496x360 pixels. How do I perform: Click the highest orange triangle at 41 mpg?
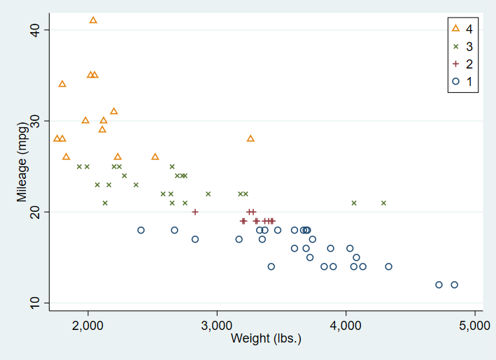[x=93, y=20]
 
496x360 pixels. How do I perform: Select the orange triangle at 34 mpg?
[x=62, y=84]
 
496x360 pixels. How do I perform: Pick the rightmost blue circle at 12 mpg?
[x=454, y=285]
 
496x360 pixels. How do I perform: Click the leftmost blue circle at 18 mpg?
[x=141, y=230]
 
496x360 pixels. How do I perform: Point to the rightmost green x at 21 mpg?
[x=383, y=203]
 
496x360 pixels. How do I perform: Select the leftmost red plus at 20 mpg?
[x=195, y=212]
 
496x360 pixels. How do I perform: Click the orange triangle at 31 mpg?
[x=114, y=111]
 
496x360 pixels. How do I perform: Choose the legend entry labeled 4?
[x=462, y=29]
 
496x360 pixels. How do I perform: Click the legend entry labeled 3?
[x=462, y=46]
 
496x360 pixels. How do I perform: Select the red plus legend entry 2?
[x=462, y=64]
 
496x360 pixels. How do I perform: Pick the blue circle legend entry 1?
[x=462, y=81]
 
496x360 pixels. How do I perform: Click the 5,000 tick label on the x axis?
[x=475, y=326]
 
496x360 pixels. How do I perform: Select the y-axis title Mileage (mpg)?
[x=22, y=166]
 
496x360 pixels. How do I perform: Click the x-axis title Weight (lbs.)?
[x=266, y=339]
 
